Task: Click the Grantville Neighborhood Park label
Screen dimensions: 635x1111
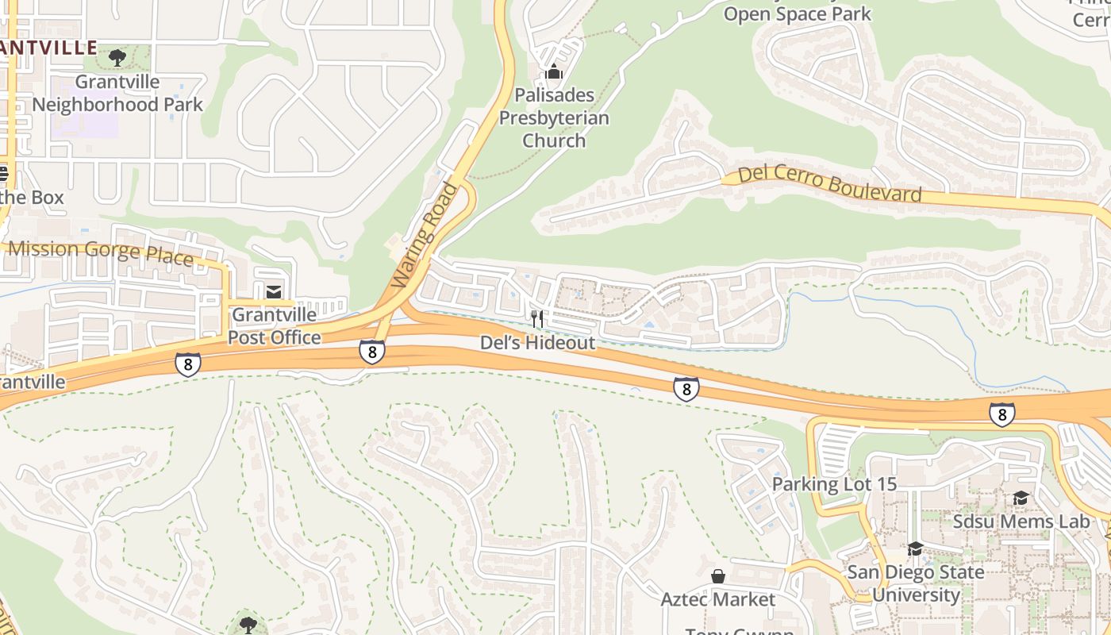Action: click(117, 93)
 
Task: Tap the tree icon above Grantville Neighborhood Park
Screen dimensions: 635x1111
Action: click(117, 57)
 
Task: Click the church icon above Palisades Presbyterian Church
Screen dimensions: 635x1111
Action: click(554, 73)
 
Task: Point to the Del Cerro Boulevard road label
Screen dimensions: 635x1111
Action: click(830, 184)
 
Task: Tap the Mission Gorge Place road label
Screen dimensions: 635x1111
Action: click(101, 253)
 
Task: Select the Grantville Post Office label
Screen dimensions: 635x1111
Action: click(275, 326)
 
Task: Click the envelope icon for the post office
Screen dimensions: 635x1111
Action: click(274, 292)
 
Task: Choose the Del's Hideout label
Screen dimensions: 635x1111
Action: click(537, 343)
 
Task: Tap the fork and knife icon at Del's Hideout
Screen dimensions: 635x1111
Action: click(537, 319)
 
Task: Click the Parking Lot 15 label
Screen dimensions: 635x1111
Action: click(834, 484)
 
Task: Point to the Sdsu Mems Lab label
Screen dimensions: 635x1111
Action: click(1021, 521)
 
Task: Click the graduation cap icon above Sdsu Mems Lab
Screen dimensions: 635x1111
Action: click(1021, 498)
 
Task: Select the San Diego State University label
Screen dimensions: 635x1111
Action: click(916, 583)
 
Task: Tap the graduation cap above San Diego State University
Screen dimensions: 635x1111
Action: click(915, 549)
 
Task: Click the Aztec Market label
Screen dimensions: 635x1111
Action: click(718, 599)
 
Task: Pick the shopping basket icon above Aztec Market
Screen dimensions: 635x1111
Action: click(718, 575)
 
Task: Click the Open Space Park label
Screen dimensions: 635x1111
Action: click(798, 13)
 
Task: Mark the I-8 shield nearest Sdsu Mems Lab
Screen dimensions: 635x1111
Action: click(1002, 414)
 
